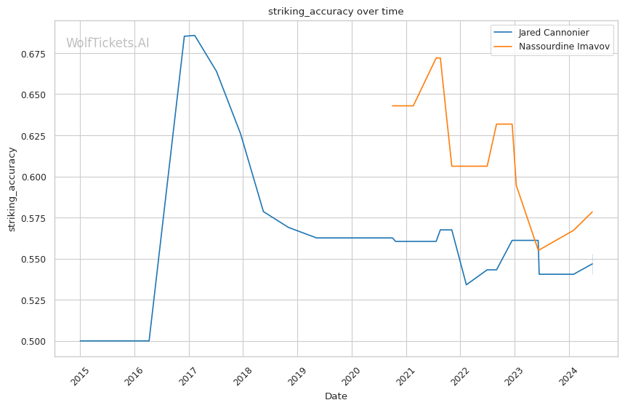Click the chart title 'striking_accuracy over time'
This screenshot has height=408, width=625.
[336, 11]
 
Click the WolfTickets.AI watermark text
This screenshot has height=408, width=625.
[108, 43]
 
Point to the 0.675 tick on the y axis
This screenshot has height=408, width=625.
[34, 54]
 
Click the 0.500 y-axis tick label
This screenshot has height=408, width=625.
[34, 341]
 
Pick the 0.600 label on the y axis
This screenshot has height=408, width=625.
[34, 177]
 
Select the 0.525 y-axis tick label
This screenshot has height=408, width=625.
[34, 300]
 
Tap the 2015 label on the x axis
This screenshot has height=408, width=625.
[80, 376]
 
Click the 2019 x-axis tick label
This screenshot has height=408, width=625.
[297, 376]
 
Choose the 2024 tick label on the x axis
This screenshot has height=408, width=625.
[568, 376]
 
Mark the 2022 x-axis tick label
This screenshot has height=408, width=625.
[460, 376]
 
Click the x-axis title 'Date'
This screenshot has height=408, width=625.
[336, 396]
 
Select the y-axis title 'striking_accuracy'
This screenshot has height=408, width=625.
[12, 189]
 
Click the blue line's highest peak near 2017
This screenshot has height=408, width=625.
[194, 36]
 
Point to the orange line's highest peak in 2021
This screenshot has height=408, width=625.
[438, 58]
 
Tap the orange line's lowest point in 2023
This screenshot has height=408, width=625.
[539, 250]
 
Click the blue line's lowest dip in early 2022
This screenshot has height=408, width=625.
[467, 284]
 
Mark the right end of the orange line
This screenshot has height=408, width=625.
[592, 212]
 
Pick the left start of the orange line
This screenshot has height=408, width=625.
[392, 105]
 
